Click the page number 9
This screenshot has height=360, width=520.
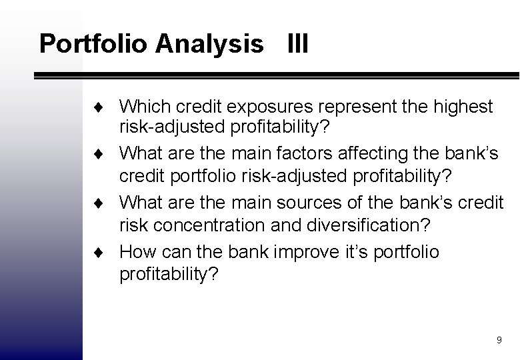pyautogui.click(x=499, y=340)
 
